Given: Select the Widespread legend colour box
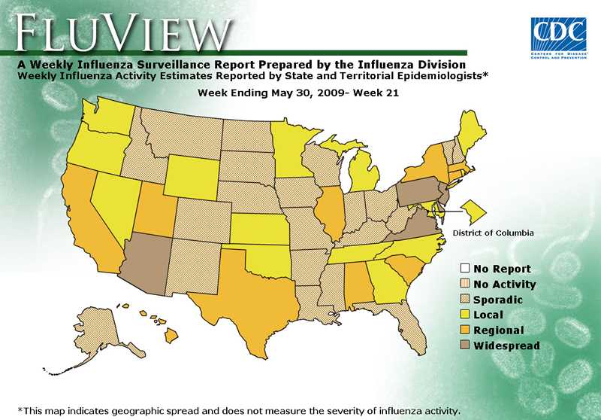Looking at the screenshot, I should point(465,345).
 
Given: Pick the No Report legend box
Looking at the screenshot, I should point(465,269).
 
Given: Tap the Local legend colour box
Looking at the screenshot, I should point(465,315).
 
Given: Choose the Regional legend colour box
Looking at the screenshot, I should point(465,330).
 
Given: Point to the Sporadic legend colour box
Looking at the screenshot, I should point(465,300).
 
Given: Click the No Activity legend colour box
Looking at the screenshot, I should point(465,284).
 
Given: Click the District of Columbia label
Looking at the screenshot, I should point(492,233).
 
